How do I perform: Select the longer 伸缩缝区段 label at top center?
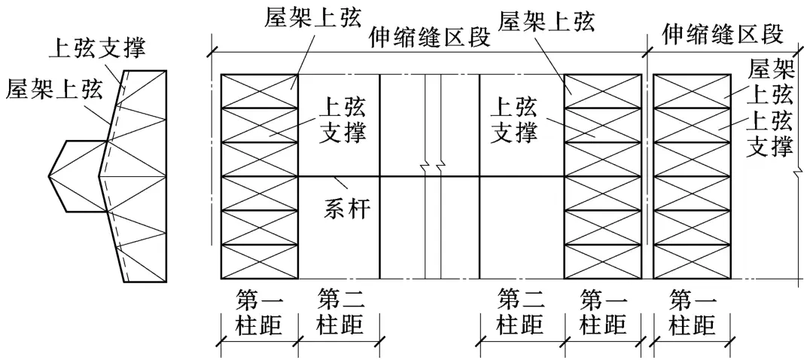tap(430, 36)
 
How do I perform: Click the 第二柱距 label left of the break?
tap(340, 313)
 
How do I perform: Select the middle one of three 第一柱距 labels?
tap(603, 313)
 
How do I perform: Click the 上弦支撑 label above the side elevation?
tap(97, 49)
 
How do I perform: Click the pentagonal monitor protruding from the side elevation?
tap(74, 176)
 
